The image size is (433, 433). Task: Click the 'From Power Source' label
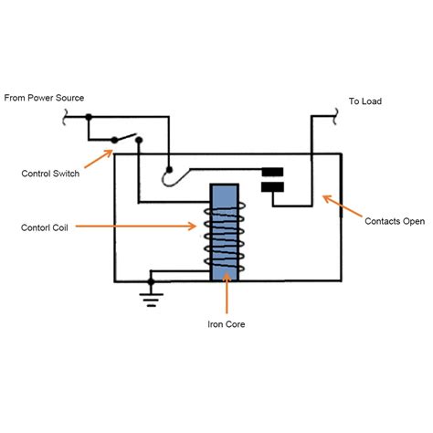tap(44, 96)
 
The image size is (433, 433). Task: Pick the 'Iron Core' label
tap(225, 323)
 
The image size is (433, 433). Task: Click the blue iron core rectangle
tap(224, 233)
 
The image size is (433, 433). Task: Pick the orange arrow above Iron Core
tap(225, 298)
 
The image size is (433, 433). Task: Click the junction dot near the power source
tap(89, 117)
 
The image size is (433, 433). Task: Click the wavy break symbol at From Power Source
tap(64, 117)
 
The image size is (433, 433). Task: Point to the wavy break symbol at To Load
tap(335, 116)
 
